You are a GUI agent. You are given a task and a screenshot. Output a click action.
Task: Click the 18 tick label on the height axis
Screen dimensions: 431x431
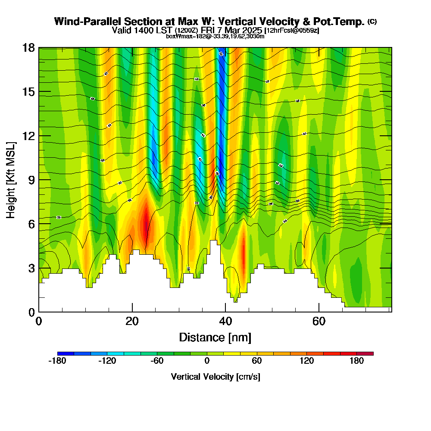pos(28,47)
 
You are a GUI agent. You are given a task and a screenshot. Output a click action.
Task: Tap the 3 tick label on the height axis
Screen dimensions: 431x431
pos(31,268)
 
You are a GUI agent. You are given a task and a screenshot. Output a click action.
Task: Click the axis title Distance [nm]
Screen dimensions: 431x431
pos(215,337)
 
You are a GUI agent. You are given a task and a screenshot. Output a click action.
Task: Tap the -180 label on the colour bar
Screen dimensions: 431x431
pos(57,361)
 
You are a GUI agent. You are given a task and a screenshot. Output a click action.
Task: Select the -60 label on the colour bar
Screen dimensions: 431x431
pos(157,361)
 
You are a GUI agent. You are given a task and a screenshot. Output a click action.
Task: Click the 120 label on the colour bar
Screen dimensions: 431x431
pos(307,361)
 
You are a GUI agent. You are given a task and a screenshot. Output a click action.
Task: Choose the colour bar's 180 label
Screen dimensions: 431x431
pos(357,361)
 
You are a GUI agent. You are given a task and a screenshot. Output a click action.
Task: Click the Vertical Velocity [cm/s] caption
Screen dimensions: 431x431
pos(215,377)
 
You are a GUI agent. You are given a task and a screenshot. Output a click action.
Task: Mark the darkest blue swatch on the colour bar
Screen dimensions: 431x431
pos(66,353)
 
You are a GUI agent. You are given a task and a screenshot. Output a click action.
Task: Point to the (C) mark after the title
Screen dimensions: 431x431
pos(372,21)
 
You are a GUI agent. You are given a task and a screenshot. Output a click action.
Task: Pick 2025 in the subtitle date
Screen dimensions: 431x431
pos(252,30)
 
